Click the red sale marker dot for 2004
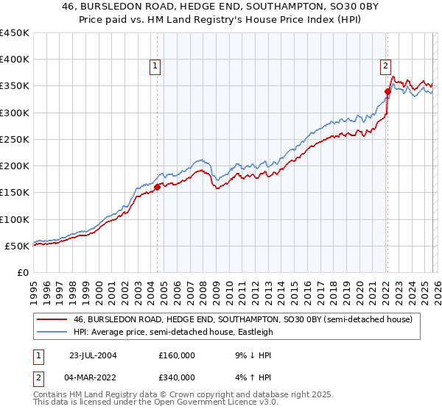coord(157,187)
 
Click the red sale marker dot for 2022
coord(387,91)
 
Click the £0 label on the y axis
coord(22,272)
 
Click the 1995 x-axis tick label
coord(34,288)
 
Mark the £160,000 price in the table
coord(177,354)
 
